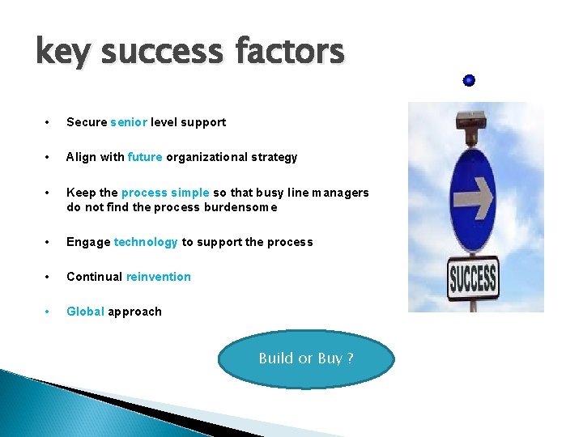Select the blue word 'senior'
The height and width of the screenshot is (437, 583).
tap(129, 122)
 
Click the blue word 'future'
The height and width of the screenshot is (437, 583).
tap(145, 157)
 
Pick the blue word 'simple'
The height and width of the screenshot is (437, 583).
tap(190, 193)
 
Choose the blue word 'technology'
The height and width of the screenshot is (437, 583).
tap(146, 242)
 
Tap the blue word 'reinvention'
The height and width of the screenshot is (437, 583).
tap(159, 277)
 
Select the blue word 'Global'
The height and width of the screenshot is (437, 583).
tap(85, 312)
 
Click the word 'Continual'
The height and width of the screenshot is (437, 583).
tap(94, 277)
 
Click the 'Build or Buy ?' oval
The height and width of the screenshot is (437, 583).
tap(306, 359)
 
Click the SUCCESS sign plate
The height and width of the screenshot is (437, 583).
tap(472, 280)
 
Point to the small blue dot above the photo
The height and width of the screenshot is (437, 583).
tap(470, 80)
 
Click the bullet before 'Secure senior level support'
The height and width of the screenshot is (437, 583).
tap(49, 122)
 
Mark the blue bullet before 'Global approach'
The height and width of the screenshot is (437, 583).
tap(49, 312)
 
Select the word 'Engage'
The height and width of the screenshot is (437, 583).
tap(88, 242)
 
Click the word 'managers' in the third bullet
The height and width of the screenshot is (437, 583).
tap(334, 193)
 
